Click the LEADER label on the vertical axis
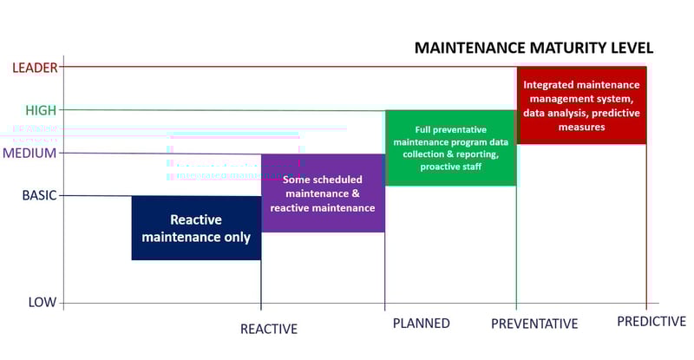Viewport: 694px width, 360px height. pos(34,68)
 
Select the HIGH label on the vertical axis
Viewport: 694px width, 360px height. pos(41,110)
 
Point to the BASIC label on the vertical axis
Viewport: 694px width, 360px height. pos(39,195)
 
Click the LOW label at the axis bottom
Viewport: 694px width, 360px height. pos(42,302)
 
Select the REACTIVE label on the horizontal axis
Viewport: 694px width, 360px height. pos(269,329)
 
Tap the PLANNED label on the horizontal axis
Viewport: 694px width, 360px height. pos(421,323)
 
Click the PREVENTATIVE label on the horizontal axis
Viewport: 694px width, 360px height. pos(534,324)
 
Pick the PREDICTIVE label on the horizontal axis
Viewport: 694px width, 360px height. pos(651,322)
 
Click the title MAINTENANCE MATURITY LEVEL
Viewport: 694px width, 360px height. pos(534,48)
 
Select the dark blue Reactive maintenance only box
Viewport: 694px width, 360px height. pos(196,228)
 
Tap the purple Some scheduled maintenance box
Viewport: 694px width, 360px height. pos(323,193)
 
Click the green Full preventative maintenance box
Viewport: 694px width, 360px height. pos(450,147)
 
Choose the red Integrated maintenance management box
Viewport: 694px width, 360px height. pos(581,105)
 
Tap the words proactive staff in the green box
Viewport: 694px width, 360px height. pos(450,167)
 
